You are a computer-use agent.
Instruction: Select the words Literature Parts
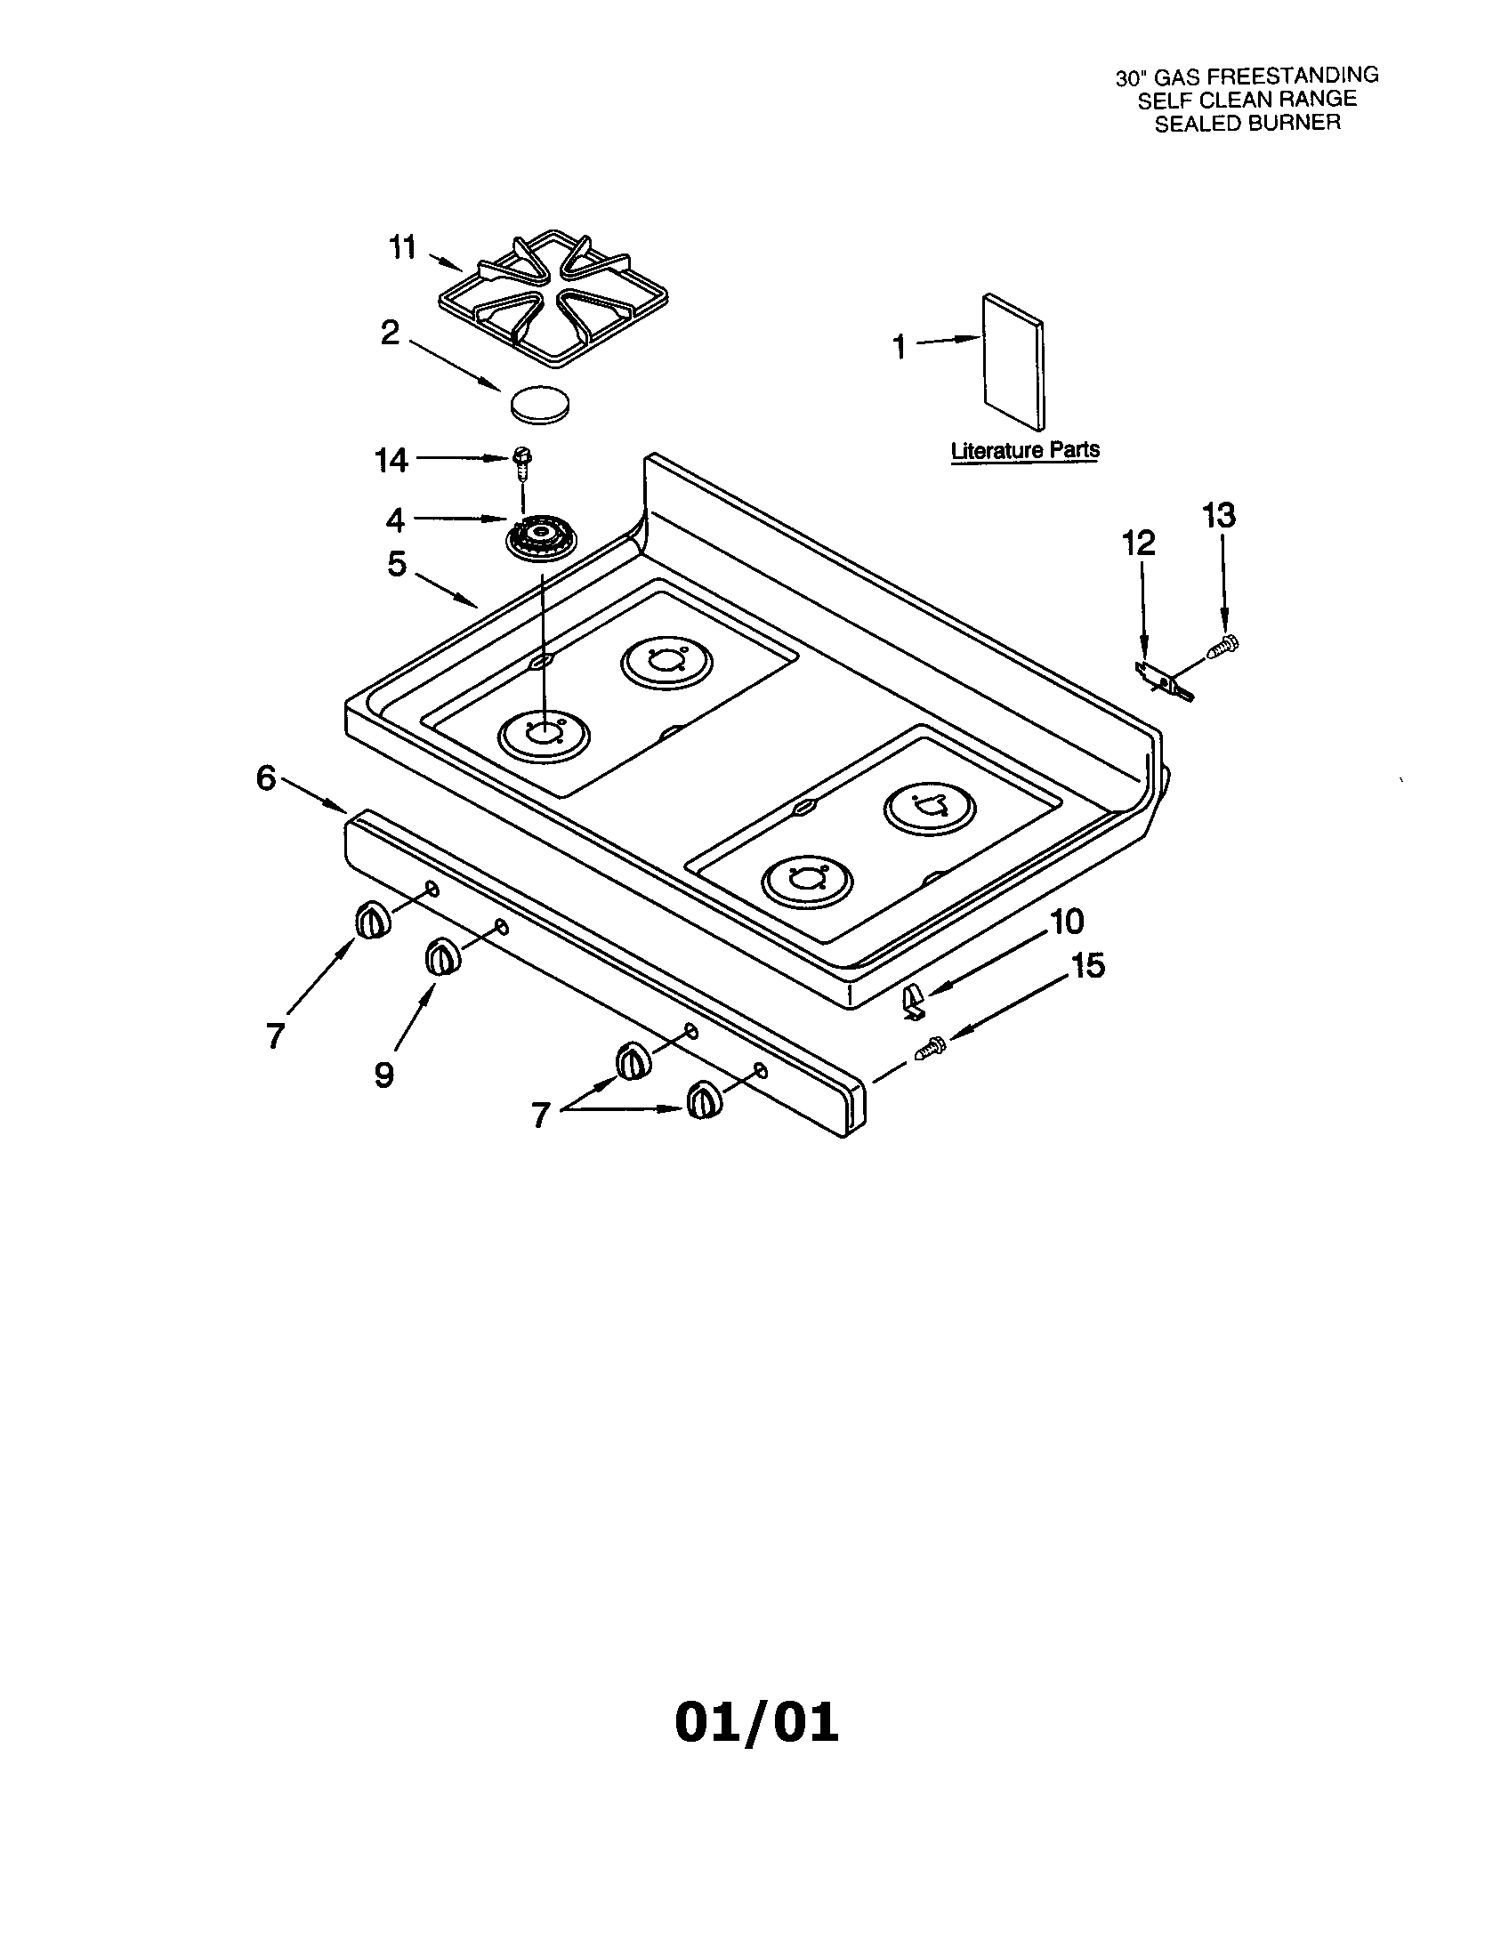click(1024, 450)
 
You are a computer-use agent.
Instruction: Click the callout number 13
click(1219, 516)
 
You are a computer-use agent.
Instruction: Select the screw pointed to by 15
click(930, 1046)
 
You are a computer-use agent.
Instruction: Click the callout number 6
click(266, 777)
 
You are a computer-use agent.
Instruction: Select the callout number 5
click(397, 565)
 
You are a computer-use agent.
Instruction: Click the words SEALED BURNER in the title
click(1247, 124)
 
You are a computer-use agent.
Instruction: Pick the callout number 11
click(403, 247)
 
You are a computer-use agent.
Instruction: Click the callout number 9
click(383, 1074)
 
